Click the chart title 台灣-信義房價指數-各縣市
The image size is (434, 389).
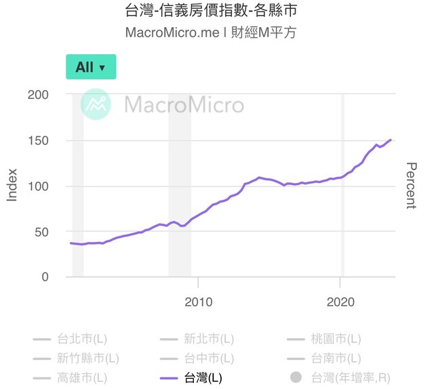point(212,12)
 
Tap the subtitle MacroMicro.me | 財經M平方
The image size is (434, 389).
point(211,33)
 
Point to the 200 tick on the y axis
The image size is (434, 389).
point(38,95)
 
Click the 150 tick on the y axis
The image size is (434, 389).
point(38,141)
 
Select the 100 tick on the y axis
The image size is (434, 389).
point(38,186)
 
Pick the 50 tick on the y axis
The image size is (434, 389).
point(41,232)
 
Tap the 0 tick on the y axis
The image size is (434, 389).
point(45,277)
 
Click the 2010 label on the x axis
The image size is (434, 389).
point(199,301)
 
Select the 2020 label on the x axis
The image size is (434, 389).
point(341,301)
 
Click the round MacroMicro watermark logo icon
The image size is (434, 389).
point(96,105)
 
